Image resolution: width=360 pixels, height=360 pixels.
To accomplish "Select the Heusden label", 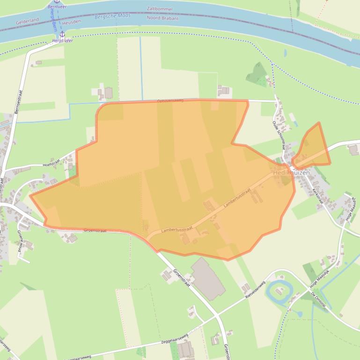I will click(x=71, y=22).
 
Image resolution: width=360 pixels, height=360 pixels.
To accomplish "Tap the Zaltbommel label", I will click(x=160, y=9).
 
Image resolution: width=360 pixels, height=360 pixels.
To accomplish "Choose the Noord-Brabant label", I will click(x=160, y=18).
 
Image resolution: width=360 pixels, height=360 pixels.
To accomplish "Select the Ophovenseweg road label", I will click(x=170, y=100).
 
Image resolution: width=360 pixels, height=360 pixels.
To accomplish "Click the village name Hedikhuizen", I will click(x=291, y=173).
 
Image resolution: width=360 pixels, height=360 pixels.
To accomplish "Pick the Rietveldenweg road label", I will click(x=256, y=290).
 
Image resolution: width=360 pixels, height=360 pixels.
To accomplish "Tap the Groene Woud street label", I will click(x=20, y=241).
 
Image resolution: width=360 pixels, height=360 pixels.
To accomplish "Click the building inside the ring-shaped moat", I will click(x=280, y=292).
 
